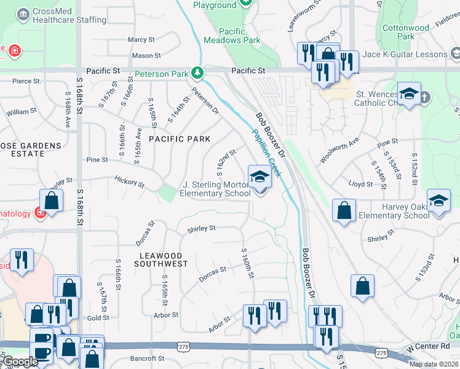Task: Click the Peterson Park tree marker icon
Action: pos(197,74)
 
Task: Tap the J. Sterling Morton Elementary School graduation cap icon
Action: pos(260,178)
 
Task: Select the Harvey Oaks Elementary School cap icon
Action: pos(438,201)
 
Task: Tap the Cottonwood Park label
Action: pos(406,32)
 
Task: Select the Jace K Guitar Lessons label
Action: pos(405,55)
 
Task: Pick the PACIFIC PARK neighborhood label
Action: pos(180,139)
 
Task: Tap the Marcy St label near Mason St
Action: pos(141,39)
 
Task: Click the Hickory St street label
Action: pos(129,183)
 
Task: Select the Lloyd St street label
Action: pos(360,184)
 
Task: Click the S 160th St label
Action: pos(247,263)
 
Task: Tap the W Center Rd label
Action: pos(429,346)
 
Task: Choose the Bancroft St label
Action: pos(145,358)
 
